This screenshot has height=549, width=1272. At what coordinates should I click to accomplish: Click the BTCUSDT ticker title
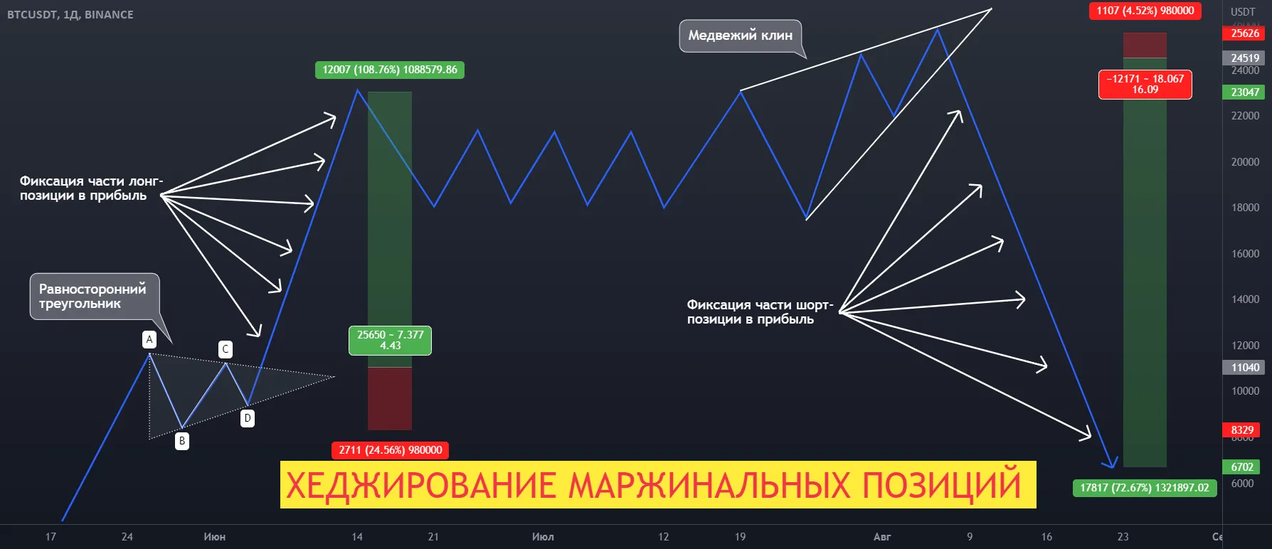click(70, 14)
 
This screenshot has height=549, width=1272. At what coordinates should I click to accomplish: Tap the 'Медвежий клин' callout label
click(740, 36)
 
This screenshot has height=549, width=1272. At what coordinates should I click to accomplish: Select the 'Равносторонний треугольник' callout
click(92, 296)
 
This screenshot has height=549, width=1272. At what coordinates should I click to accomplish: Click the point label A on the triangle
click(149, 340)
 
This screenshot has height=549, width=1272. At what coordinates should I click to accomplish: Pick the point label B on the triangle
click(182, 441)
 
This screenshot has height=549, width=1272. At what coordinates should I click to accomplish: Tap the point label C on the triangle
click(226, 349)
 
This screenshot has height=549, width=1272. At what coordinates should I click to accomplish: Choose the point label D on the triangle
click(248, 418)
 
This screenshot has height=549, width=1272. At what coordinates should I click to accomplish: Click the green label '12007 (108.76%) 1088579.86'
click(389, 70)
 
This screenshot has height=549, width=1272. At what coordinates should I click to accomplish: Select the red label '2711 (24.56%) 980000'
click(390, 450)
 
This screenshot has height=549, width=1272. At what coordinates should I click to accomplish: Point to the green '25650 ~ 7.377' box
click(390, 340)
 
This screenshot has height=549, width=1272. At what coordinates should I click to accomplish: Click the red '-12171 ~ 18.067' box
click(1145, 84)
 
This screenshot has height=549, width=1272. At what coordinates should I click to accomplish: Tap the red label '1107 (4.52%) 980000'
click(1145, 11)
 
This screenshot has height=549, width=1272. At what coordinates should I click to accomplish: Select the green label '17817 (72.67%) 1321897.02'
click(1144, 488)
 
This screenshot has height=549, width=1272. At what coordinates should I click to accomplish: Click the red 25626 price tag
click(1245, 33)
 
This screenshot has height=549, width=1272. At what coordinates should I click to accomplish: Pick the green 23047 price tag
click(1245, 92)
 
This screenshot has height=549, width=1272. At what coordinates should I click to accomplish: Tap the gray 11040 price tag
click(1245, 368)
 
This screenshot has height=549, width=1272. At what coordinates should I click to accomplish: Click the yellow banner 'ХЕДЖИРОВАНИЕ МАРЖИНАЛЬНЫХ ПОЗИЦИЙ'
click(657, 485)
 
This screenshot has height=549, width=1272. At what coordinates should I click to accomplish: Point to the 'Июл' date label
click(543, 537)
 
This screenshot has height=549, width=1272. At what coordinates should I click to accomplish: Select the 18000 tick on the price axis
click(1245, 208)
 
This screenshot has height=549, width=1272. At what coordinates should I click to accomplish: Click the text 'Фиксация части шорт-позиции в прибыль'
click(758, 312)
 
